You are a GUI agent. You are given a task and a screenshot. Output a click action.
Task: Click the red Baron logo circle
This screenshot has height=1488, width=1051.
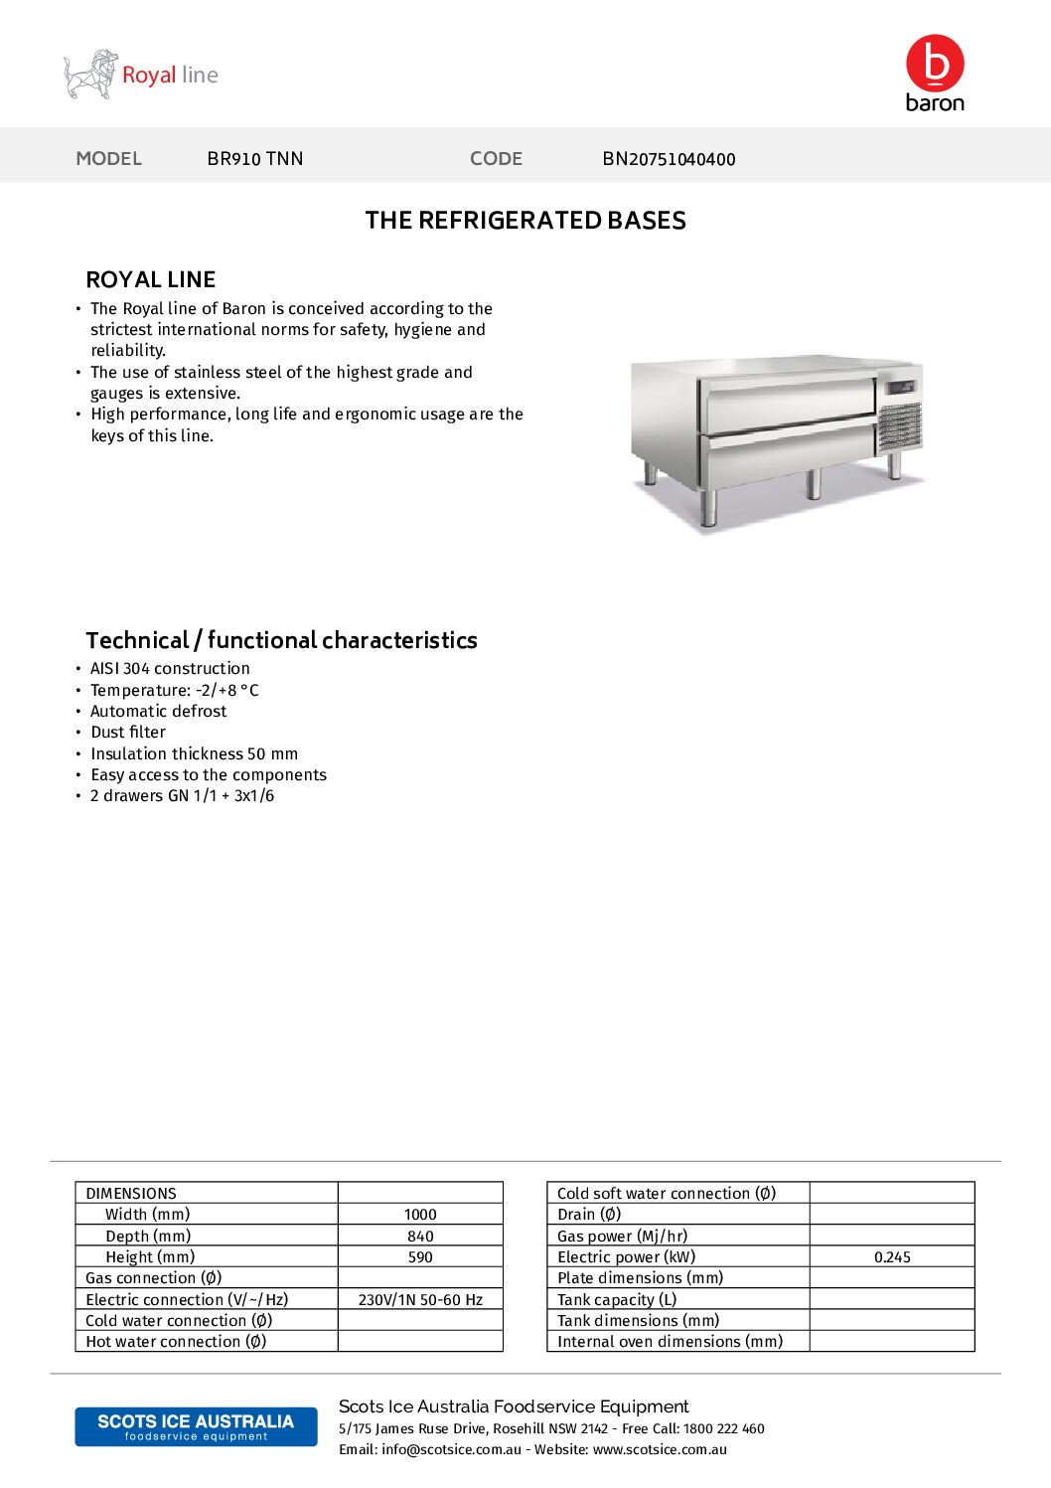click(935, 64)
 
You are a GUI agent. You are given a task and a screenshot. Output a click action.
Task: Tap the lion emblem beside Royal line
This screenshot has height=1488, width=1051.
click(90, 75)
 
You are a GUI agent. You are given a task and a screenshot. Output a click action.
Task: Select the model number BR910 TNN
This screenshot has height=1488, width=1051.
click(255, 159)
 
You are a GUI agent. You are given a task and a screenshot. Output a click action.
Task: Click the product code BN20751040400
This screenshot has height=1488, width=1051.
click(669, 159)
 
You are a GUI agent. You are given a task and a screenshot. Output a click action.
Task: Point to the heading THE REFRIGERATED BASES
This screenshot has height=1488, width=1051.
click(525, 221)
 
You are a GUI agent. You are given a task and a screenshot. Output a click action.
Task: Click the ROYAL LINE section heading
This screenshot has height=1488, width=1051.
click(151, 279)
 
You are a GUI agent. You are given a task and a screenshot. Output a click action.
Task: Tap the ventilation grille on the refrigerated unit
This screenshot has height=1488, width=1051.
click(900, 425)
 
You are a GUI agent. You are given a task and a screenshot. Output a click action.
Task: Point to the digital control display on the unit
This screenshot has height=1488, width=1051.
click(901, 387)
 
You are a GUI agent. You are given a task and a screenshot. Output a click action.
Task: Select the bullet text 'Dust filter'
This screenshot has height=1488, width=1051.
click(128, 733)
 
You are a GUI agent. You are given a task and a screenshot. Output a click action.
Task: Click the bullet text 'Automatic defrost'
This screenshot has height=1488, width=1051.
click(158, 712)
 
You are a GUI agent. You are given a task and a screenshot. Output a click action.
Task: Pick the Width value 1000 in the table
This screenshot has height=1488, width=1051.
click(420, 1215)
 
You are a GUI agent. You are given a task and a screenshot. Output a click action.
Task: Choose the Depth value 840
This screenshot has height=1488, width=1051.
click(420, 1237)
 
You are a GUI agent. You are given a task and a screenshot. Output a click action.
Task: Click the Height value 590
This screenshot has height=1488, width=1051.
click(420, 1257)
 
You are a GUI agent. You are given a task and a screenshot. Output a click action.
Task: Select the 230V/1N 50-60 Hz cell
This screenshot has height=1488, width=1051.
click(420, 1300)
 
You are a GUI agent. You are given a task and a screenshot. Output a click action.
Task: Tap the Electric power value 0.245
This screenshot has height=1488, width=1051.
click(892, 1257)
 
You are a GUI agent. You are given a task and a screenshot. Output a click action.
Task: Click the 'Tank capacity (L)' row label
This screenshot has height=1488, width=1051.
click(617, 1300)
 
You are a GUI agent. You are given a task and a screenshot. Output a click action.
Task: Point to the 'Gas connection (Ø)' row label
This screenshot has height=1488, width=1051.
click(154, 1278)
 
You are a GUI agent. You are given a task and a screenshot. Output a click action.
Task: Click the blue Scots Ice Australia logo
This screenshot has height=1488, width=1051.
click(196, 1426)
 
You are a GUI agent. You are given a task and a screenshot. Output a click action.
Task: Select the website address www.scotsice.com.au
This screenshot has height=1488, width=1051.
click(660, 1450)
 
